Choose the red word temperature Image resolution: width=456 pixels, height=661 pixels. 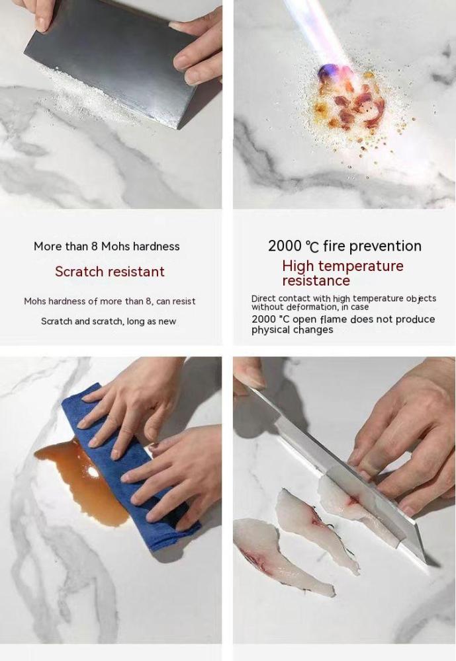click(x=361, y=266)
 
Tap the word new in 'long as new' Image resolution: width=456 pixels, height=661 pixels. click(x=167, y=322)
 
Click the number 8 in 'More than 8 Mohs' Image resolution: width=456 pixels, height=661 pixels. click(x=95, y=246)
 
